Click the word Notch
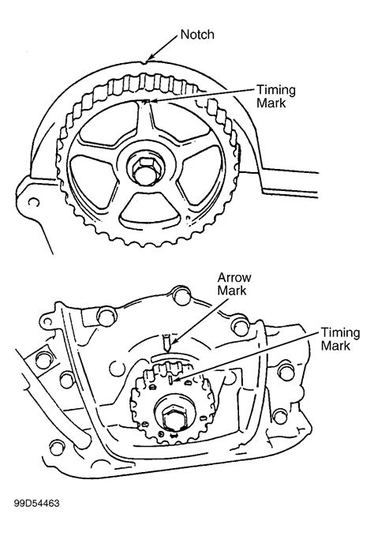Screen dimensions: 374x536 coord(197,35)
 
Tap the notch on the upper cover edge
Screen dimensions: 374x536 coord(147,62)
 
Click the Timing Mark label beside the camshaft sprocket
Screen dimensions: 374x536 coord(276,96)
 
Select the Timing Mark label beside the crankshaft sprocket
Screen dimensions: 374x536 coord(340,339)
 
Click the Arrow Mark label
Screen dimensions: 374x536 coord(234,283)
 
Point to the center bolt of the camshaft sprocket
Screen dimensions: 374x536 coord(147,171)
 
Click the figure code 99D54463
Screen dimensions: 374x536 coord(36,503)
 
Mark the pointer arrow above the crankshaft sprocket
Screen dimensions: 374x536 coord(166,343)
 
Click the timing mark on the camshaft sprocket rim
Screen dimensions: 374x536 coord(146,102)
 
